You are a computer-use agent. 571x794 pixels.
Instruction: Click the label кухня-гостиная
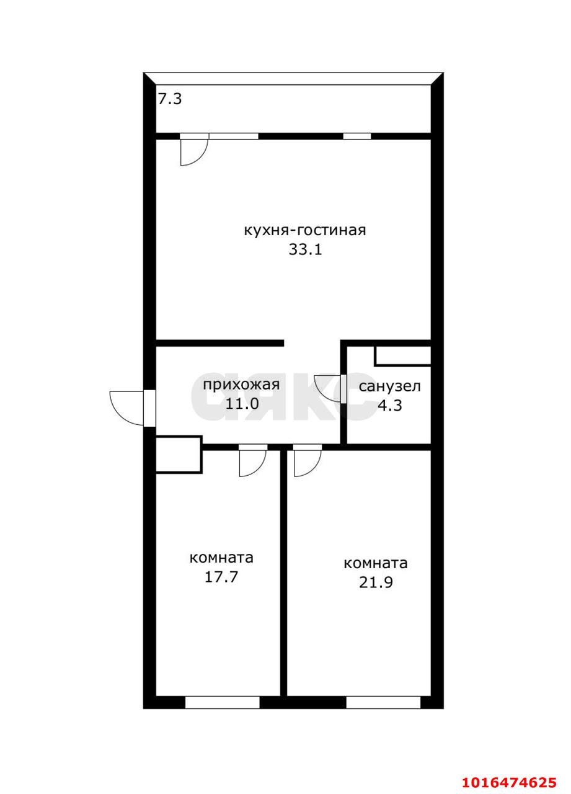pyautogui.click(x=304, y=230)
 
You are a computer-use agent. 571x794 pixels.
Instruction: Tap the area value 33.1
pyautogui.click(x=305, y=250)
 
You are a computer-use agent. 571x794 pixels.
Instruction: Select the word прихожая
pyautogui.click(x=241, y=385)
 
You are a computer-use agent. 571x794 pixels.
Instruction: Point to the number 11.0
pyautogui.click(x=242, y=404)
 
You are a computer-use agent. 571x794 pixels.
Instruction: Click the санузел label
pyautogui.click(x=389, y=386)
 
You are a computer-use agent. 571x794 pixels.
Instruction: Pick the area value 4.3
pyautogui.click(x=390, y=406)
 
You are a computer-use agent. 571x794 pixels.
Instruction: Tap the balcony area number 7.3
pyautogui.click(x=170, y=99)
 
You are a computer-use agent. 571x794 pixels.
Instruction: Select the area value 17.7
pyautogui.click(x=221, y=577)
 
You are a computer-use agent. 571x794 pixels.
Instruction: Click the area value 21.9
pyautogui.click(x=376, y=582)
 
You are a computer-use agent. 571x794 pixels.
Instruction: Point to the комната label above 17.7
pyautogui.click(x=221, y=558)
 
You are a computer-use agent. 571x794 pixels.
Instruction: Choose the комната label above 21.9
pyautogui.click(x=376, y=564)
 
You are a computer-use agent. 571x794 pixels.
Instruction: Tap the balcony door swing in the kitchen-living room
pyautogui.click(x=194, y=153)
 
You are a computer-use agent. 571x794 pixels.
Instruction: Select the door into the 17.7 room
pyautogui.click(x=253, y=463)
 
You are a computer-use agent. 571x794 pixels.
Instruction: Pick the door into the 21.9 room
pyautogui.click(x=308, y=463)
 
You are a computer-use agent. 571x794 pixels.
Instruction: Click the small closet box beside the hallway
pyautogui.click(x=179, y=454)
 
